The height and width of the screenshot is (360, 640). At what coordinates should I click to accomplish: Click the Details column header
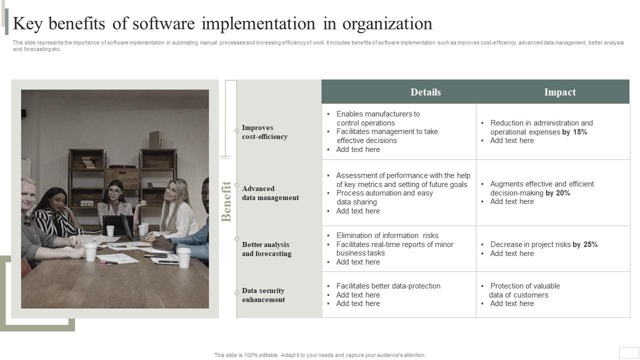click(x=425, y=92)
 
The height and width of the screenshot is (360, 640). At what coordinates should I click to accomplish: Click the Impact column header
click(x=559, y=92)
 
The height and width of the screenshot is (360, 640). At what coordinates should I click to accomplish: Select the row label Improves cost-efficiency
click(x=264, y=132)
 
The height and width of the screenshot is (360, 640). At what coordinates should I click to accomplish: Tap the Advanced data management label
click(x=270, y=193)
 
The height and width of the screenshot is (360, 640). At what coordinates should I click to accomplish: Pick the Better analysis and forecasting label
click(x=266, y=249)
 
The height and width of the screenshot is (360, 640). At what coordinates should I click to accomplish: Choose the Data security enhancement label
click(x=263, y=295)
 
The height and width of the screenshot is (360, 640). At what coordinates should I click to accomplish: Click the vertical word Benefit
click(x=226, y=201)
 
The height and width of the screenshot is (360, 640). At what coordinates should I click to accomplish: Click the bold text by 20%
click(x=557, y=193)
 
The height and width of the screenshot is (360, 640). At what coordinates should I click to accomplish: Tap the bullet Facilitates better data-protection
click(x=388, y=286)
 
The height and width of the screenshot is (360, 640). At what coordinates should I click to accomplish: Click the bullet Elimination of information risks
click(x=387, y=235)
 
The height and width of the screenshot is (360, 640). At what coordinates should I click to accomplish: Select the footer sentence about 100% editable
click(x=320, y=355)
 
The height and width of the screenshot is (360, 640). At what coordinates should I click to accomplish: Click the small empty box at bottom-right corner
click(x=629, y=352)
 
